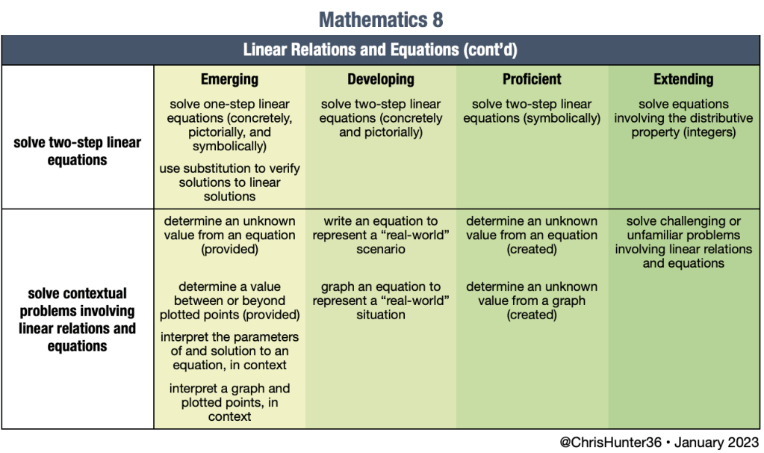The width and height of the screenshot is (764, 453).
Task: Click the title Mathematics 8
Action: click(381, 20)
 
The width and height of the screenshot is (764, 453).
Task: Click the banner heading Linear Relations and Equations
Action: click(380, 50)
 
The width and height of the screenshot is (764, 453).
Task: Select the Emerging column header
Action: click(229, 79)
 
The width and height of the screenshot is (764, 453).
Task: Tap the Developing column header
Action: click(381, 79)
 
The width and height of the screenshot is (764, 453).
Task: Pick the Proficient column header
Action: click(532, 79)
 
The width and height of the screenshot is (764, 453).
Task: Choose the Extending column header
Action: click(683, 79)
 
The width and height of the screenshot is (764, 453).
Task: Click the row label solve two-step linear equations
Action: click(78, 151)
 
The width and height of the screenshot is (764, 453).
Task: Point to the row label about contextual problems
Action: click(78, 319)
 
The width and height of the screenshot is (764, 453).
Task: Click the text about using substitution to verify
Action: click(229, 182)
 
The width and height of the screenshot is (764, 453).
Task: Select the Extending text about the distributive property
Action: click(683, 118)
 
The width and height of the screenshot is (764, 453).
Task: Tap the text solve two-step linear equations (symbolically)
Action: click(532, 111)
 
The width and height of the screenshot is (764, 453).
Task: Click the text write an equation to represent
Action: click(381, 235)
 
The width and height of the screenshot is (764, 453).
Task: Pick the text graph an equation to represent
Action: click(381, 301)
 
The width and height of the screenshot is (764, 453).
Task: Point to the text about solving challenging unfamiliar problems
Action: click(683, 242)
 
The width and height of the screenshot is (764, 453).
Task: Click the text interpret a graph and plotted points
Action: click(229, 402)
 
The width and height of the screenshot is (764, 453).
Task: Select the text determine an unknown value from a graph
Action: click(532, 301)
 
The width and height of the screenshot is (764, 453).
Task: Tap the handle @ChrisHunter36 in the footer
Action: click(610, 443)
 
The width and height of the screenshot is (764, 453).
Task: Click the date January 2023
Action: click(717, 443)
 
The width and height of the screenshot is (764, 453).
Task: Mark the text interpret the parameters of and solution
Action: click(229, 351)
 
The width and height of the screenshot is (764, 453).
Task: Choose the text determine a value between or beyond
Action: click(229, 301)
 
